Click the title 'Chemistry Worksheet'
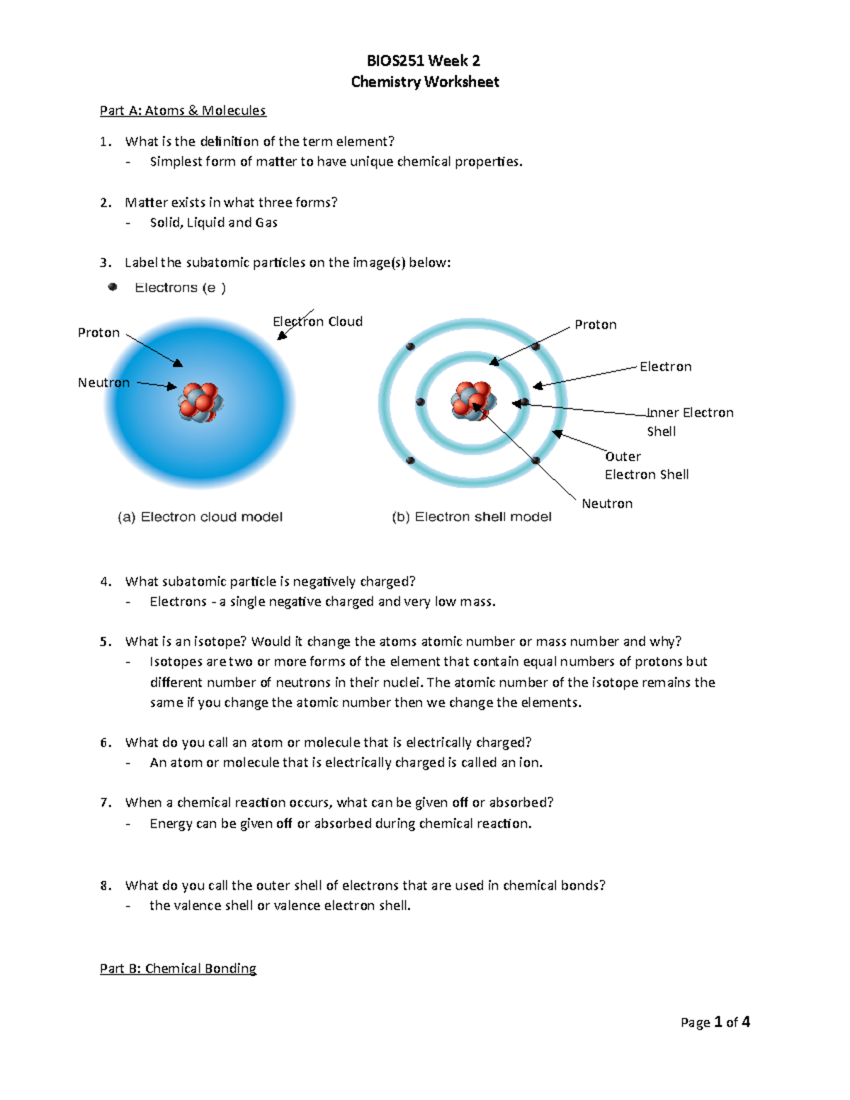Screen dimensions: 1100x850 [425, 82]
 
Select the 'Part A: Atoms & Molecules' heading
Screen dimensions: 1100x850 [183, 110]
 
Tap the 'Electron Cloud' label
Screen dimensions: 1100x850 [318, 322]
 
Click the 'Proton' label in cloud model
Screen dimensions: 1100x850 [98, 333]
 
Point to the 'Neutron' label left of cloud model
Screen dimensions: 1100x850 [103, 382]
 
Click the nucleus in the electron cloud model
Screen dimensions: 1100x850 [200, 402]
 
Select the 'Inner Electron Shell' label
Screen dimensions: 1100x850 [689, 421]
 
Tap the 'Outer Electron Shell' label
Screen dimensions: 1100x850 [646, 465]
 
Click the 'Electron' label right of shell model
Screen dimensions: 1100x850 [665, 367]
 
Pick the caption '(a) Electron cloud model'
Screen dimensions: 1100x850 [200, 517]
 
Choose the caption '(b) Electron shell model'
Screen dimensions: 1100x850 [471, 517]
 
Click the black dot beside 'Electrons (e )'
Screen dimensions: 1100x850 [113, 287]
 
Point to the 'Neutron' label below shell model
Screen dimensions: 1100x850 [607, 504]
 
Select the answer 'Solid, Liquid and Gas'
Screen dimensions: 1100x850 [213, 222]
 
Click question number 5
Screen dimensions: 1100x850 [105, 642]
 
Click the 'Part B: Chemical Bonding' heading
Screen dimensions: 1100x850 [178, 968]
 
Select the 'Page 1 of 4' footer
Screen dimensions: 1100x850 [715, 1022]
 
